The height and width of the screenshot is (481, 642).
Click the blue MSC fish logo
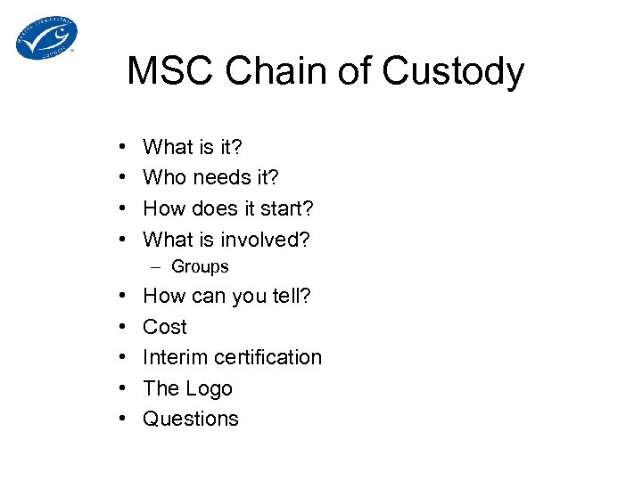point(46,37)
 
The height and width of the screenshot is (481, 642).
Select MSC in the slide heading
point(169,71)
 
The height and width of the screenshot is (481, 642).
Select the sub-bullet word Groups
point(200,266)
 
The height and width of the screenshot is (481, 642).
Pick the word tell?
point(289,296)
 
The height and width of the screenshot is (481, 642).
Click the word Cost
point(165,327)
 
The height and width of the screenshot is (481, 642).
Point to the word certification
point(267,357)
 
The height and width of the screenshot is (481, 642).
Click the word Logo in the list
point(210,388)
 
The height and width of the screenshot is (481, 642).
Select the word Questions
point(191,419)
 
